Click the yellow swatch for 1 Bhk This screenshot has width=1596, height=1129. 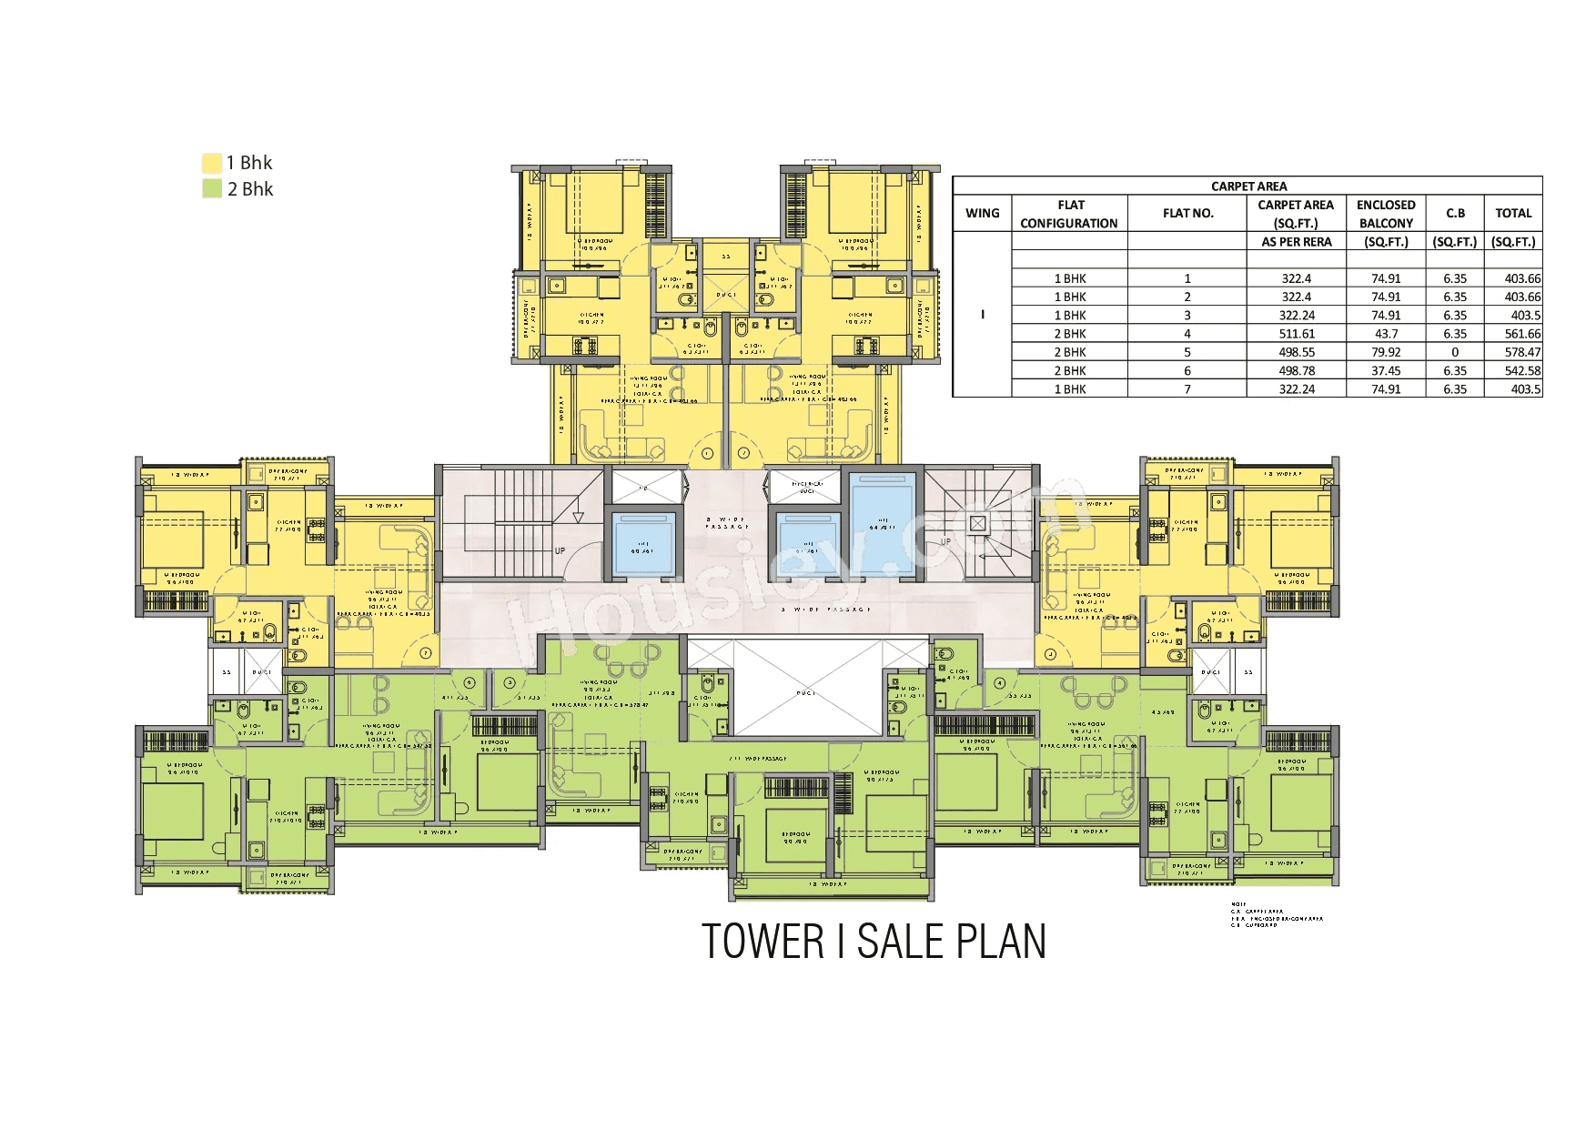[x=211, y=163]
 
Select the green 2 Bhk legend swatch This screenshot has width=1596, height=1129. [x=211, y=189]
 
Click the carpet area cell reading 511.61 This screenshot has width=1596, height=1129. [x=1296, y=334]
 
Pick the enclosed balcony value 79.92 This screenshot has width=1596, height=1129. [x=1386, y=352]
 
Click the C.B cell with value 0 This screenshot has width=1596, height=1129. [x=1454, y=352]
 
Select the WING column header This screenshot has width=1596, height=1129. [x=982, y=214]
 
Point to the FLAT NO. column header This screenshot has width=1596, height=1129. [x=1187, y=214]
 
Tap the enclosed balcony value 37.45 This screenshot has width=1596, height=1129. [x=1386, y=370]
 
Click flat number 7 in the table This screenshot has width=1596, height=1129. [x=1187, y=389]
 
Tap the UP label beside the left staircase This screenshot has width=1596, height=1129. [x=560, y=550]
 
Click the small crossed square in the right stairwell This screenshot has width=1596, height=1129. [x=977, y=523]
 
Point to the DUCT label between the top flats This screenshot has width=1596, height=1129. [x=725, y=295]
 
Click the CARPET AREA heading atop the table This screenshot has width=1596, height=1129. [x=1248, y=186]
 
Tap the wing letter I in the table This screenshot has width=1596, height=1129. [x=982, y=315]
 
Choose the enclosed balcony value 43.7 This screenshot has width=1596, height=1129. [x=1386, y=334]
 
